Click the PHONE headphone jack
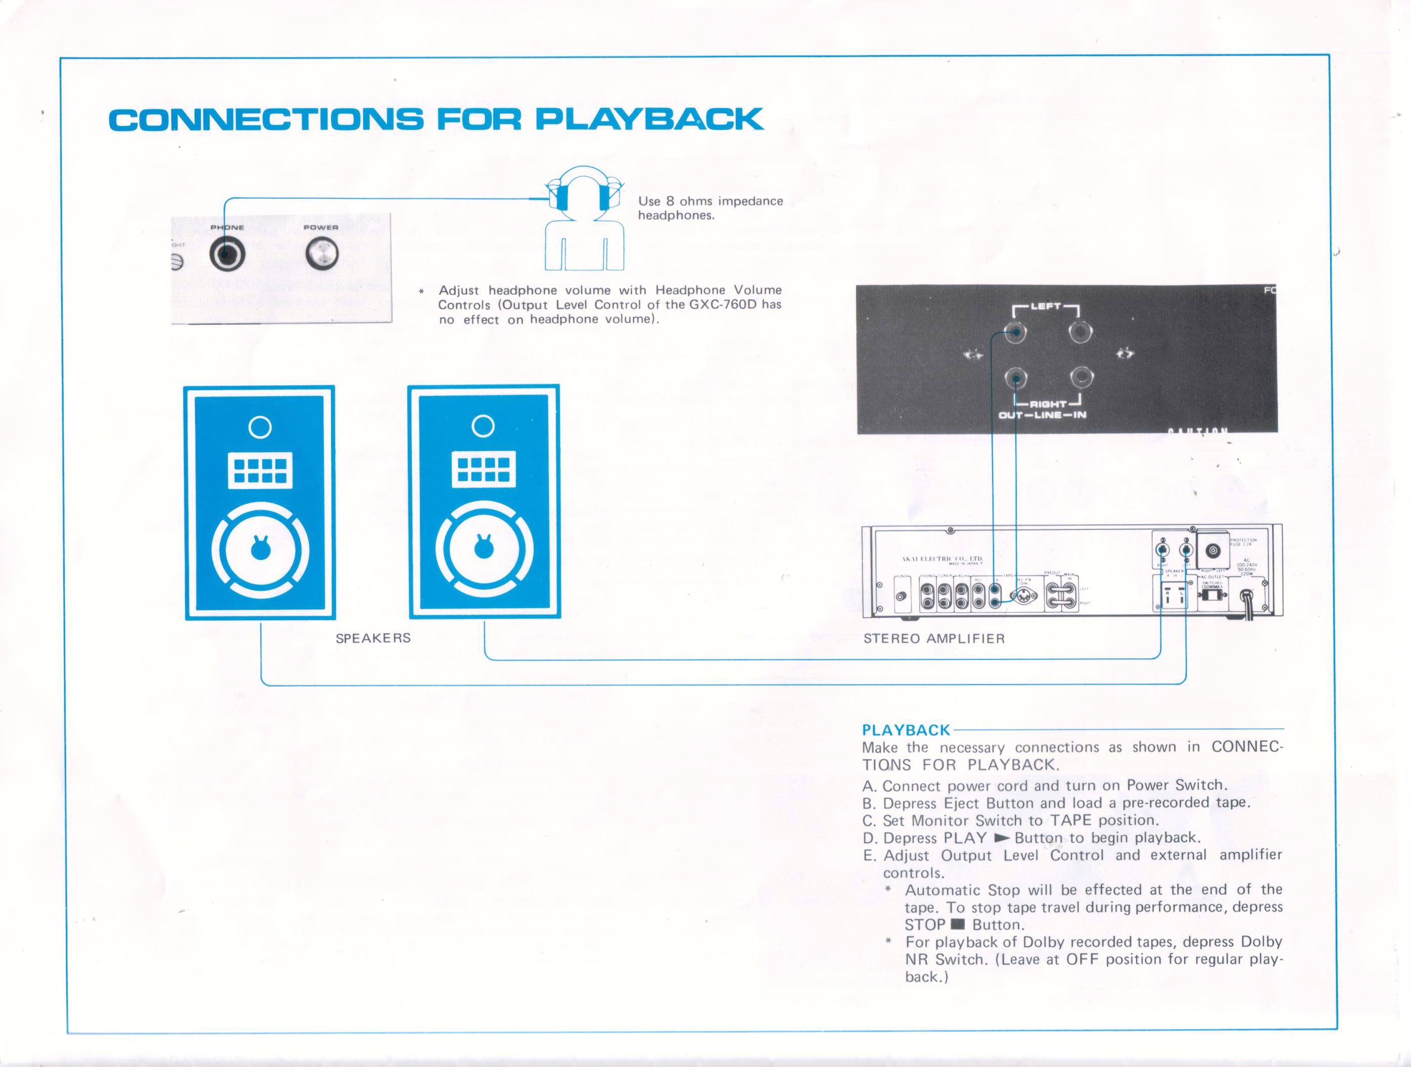[x=226, y=255]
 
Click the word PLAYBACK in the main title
[x=649, y=120]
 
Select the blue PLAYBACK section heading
[x=906, y=730]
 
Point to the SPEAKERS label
[x=373, y=638]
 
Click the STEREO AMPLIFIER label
[x=934, y=639]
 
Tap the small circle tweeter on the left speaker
[x=260, y=427]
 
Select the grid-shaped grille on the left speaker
[x=260, y=470]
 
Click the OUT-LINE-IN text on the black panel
[x=1042, y=416]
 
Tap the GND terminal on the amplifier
[x=901, y=596]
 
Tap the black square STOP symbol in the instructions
[x=958, y=925]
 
